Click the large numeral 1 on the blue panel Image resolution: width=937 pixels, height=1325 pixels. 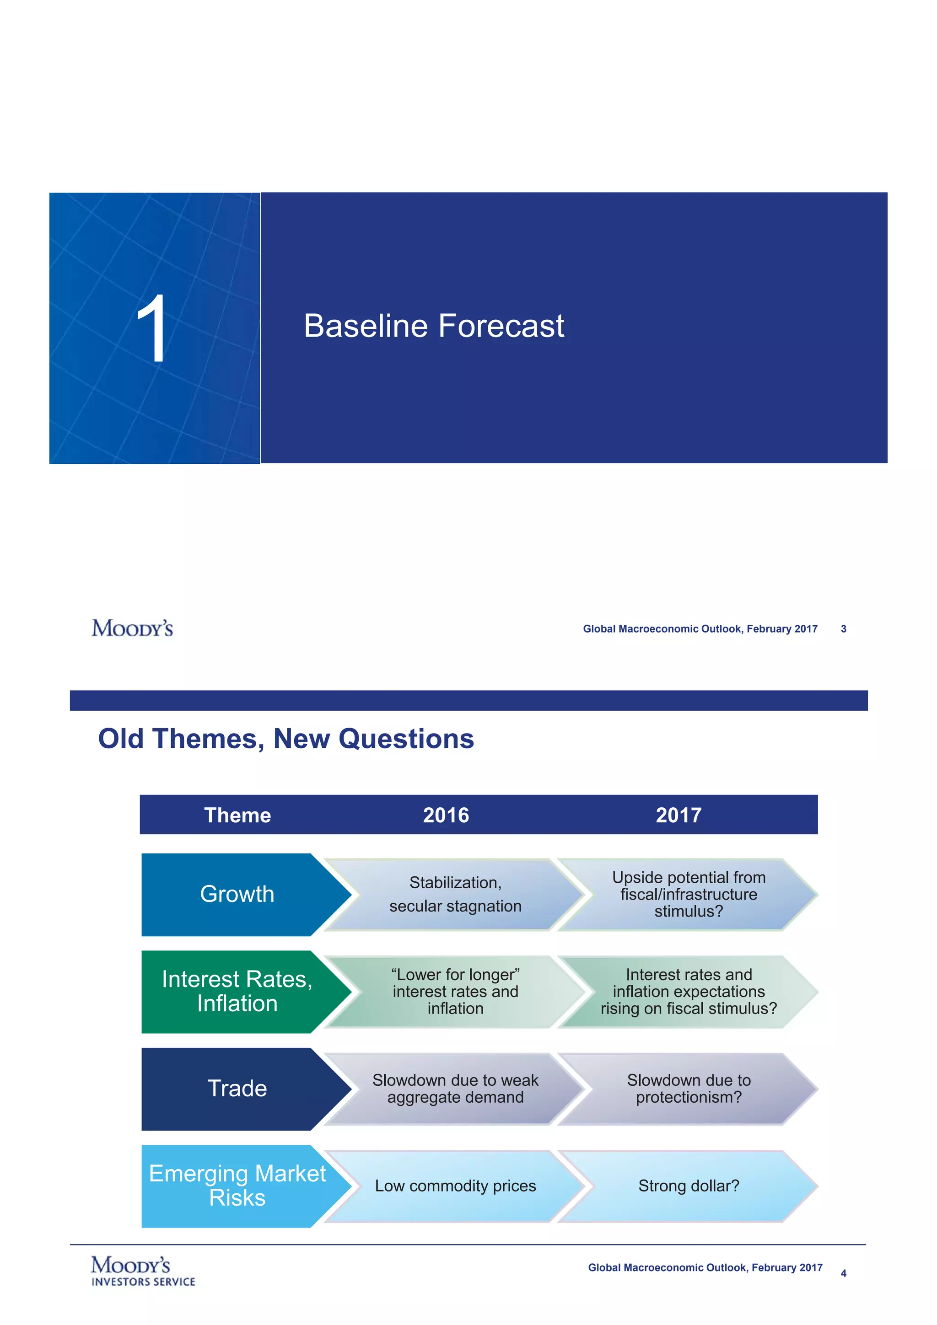(x=152, y=328)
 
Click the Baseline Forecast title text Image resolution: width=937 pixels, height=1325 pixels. (x=434, y=326)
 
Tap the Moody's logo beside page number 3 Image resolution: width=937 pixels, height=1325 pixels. (x=132, y=628)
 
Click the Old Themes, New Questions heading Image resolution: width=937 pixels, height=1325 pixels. (x=286, y=739)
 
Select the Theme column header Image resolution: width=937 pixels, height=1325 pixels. (x=237, y=815)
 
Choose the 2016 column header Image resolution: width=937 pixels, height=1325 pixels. (x=446, y=815)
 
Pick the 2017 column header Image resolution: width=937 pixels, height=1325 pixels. (x=679, y=815)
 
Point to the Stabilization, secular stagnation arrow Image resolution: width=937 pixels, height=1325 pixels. (x=455, y=894)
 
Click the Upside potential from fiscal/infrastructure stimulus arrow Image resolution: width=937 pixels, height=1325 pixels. (x=688, y=894)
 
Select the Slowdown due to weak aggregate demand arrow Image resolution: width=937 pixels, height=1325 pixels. (x=455, y=1089)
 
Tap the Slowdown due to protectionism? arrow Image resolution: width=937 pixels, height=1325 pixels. (x=688, y=1089)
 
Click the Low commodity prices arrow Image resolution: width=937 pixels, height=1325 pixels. (x=455, y=1186)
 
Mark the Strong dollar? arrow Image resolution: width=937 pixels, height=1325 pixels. (x=688, y=1186)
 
